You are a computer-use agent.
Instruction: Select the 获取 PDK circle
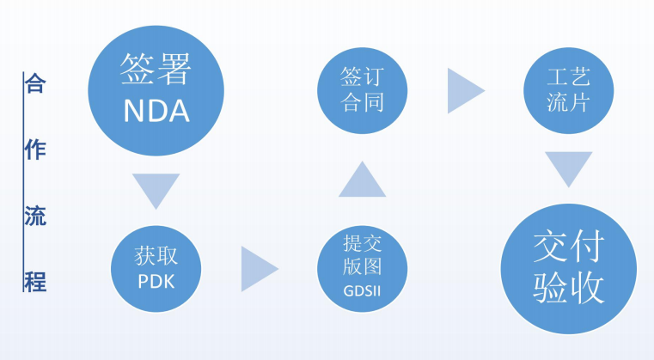(156, 267)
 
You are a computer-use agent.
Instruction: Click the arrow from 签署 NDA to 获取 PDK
(156, 188)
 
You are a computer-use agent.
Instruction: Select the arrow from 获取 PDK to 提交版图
(257, 268)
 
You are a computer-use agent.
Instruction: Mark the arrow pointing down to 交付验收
(568, 168)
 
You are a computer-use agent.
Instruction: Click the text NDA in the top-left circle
(156, 110)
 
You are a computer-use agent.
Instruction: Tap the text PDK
(156, 281)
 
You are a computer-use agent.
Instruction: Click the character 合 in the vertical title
(35, 84)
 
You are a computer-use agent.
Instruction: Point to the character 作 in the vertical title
(35, 149)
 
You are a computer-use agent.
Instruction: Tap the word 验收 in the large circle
(568, 286)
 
